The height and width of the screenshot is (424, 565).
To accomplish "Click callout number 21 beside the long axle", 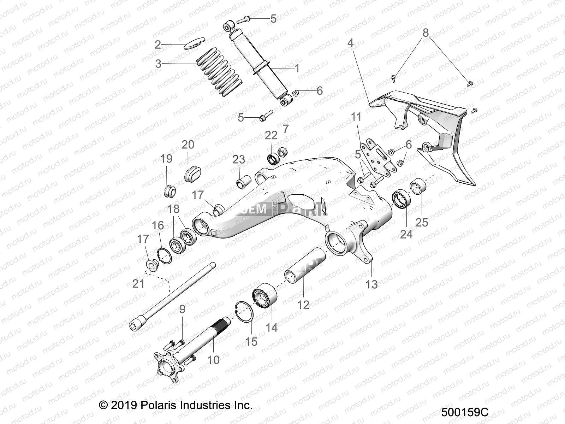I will [x=138, y=284].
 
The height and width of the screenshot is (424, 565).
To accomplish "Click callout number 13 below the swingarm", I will [x=372, y=284].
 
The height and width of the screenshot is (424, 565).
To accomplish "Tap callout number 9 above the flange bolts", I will [x=182, y=310].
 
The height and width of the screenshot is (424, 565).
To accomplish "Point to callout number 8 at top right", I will [x=426, y=33].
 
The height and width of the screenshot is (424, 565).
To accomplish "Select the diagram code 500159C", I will [x=464, y=412].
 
